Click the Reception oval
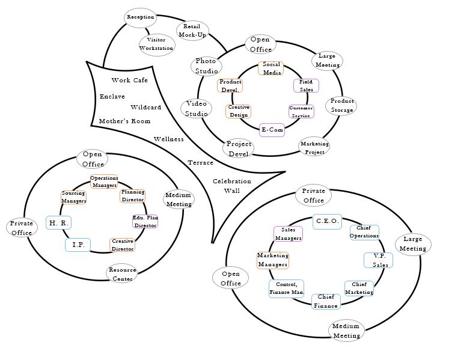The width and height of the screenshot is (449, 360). pyautogui.click(x=141, y=17)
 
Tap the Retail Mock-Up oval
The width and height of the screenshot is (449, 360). pyautogui.click(x=192, y=31)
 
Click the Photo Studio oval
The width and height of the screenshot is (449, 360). pyautogui.click(x=206, y=66)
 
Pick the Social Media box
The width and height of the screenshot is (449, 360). pyautogui.click(x=271, y=69)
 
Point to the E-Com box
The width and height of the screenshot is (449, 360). pyautogui.click(x=272, y=130)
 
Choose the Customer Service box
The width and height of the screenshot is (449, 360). pyautogui.click(x=301, y=112)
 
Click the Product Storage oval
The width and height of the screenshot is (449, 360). pyautogui.click(x=341, y=106)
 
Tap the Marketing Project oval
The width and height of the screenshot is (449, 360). pyautogui.click(x=314, y=147)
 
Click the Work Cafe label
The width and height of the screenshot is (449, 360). pyautogui.click(x=129, y=81)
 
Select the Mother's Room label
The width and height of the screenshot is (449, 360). pyautogui.click(x=124, y=121)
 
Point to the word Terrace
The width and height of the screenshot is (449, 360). pyautogui.click(x=200, y=163)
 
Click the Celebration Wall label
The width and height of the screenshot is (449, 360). pyautogui.click(x=232, y=186)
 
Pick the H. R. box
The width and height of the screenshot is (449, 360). pyautogui.click(x=58, y=223)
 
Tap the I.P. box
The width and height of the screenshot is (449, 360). pyautogui.click(x=78, y=245)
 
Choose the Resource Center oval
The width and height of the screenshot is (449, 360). pyautogui.click(x=122, y=274)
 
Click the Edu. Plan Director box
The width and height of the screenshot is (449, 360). pyautogui.click(x=145, y=222)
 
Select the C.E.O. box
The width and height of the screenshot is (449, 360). pyautogui.click(x=328, y=221)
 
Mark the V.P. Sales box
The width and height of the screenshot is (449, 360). pyautogui.click(x=379, y=260)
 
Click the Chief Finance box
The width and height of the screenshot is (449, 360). pyautogui.click(x=326, y=301)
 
